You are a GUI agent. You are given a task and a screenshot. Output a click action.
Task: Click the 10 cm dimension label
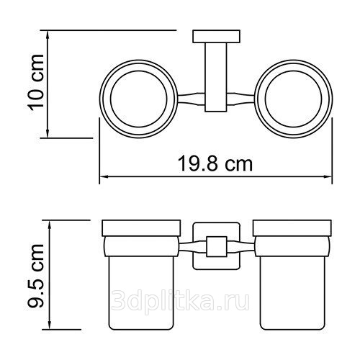(x=36, y=83)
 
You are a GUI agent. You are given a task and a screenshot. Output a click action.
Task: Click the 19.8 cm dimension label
(x=215, y=164)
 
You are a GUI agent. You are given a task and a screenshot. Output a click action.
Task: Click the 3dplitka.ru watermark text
(x=180, y=300)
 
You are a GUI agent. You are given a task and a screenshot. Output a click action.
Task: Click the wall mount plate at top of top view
(x=216, y=37)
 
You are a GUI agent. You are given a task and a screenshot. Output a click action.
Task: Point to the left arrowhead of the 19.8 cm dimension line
(x=104, y=177)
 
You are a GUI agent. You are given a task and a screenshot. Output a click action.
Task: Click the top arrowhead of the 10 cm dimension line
(x=48, y=35)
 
